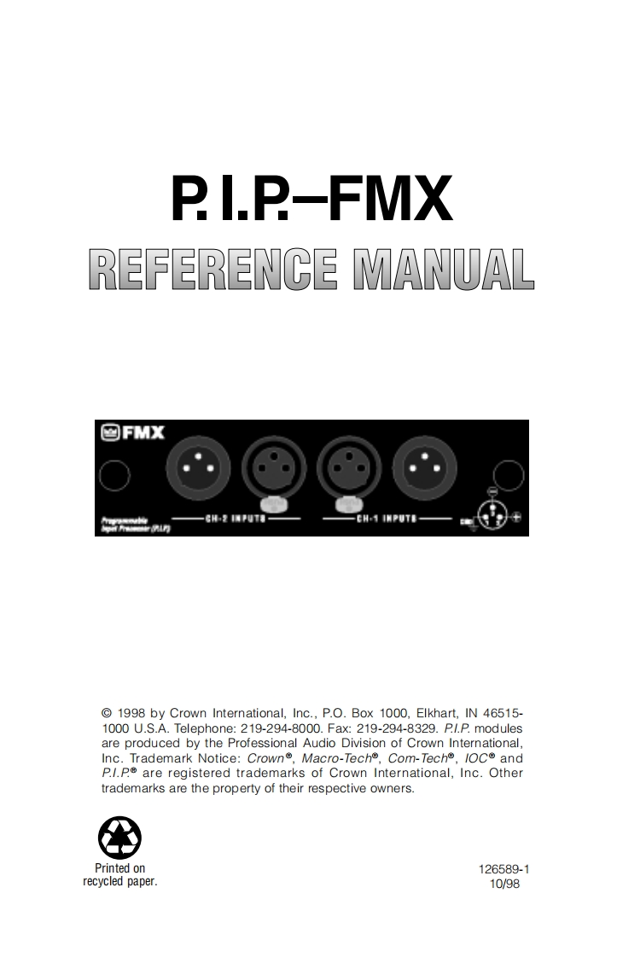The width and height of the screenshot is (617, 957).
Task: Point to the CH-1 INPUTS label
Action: (387, 518)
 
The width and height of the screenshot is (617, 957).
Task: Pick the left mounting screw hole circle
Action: (114, 475)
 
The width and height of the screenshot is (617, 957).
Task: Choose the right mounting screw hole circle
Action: (509, 474)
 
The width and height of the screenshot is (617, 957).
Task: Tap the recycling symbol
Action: (119, 838)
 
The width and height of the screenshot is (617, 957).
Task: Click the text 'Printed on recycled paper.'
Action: (119, 875)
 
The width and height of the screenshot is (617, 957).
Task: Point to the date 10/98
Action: (503, 884)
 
